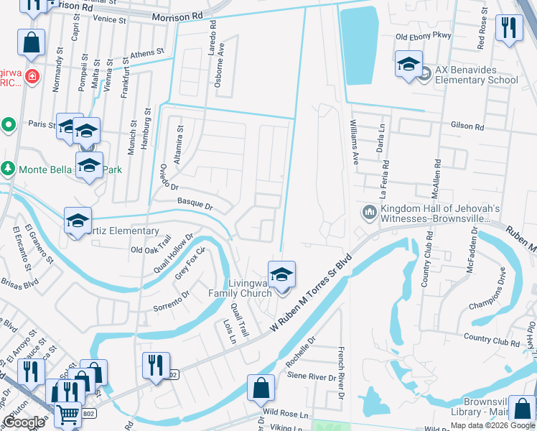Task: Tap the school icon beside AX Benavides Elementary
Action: pyautogui.click(x=408, y=65)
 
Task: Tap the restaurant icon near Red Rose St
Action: pyautogui.click(x=509, y=29)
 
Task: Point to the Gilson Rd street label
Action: pyautogui.click(x=467, y=126)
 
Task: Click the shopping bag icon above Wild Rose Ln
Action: pyautogui.click(x=260, y=388)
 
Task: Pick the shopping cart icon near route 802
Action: pyautogui.click(x=68, y=414)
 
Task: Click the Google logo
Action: pyautogui.click(x=24, y=422)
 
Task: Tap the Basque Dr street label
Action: pyautogui.click(x=195, y=205)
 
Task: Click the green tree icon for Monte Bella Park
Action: pyautogui.click(x=8, y=169)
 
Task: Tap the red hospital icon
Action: pyautogui.click(x=31, y=76)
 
